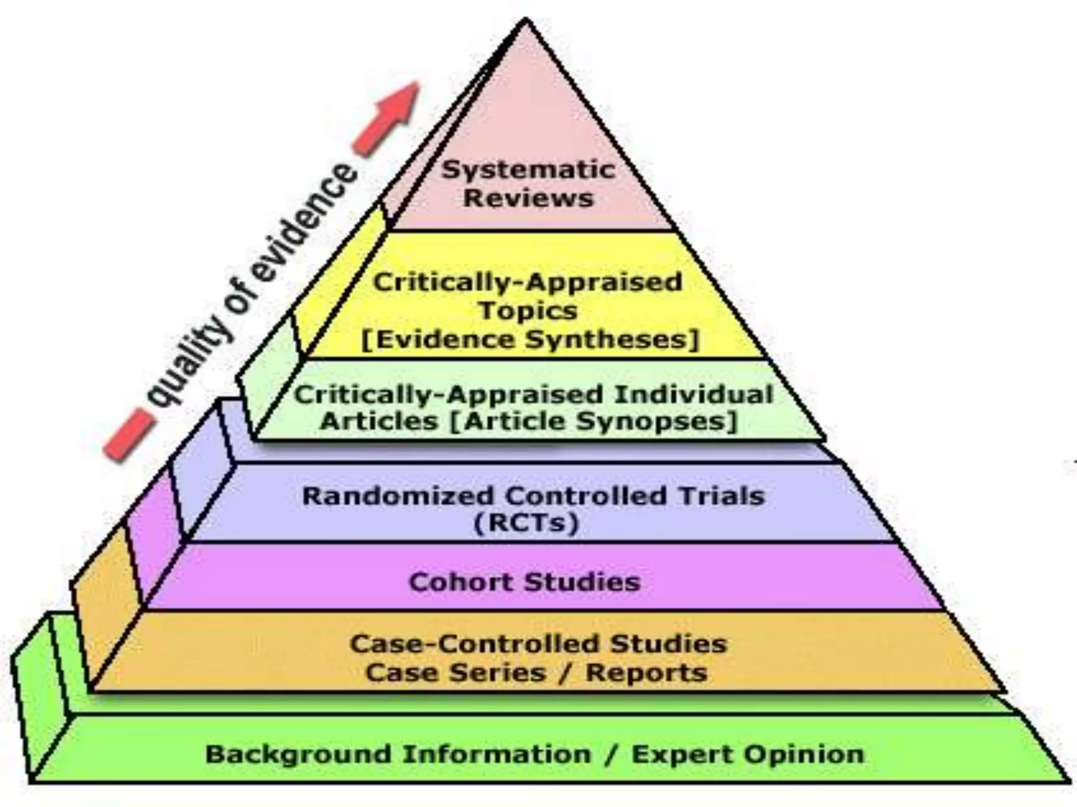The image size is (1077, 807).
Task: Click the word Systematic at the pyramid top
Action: point(528,170)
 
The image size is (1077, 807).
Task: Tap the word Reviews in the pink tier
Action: point(528,198)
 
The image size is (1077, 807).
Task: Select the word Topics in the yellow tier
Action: point(528,310)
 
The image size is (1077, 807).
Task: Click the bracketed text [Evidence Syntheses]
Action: point(530,339)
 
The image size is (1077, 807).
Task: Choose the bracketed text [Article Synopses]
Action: point(594,421)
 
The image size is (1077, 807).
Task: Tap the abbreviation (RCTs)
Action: point(526,523)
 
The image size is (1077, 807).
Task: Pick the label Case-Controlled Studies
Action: point(538,644)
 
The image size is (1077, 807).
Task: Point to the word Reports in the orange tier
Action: point(646,673)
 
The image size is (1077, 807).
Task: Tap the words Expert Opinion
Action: point(748,754)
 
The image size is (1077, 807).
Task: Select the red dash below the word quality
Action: point(128,435)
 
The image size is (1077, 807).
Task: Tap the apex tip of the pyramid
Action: point(525,21)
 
